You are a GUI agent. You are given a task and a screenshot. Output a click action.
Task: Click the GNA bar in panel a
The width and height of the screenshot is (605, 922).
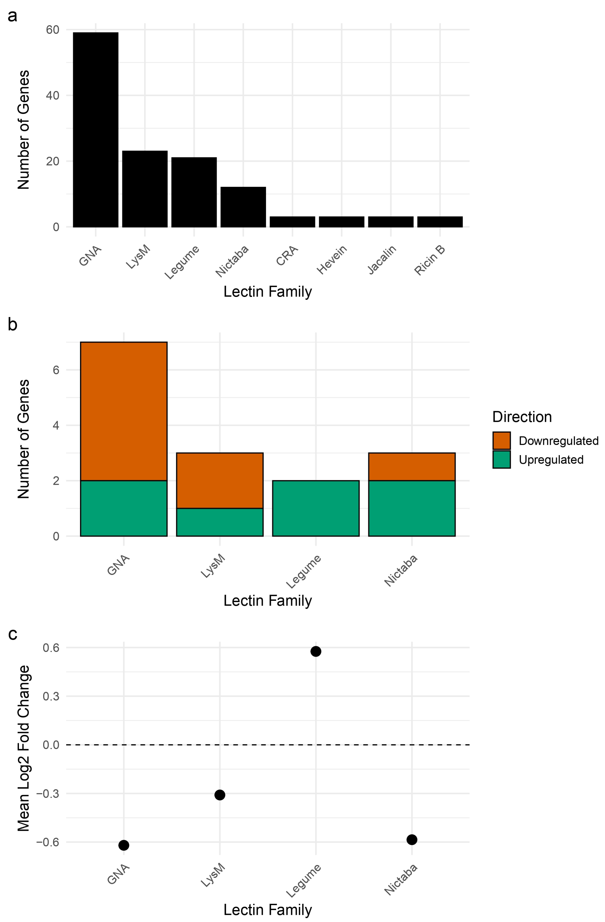[96, 130]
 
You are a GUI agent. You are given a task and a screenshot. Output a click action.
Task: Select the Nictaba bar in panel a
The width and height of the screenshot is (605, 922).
[243, 207]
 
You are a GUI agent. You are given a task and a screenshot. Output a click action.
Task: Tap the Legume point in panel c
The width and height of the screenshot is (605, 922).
[316, 652]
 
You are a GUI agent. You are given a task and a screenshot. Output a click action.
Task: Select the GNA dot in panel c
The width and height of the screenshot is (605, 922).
[124, 845]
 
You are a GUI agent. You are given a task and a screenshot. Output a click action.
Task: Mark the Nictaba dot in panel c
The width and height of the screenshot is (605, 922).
[412, 839]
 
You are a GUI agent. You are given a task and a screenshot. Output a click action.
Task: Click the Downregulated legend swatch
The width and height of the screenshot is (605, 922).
[501, 441]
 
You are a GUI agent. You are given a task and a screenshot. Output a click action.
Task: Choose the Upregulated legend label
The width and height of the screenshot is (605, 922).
[551, 460]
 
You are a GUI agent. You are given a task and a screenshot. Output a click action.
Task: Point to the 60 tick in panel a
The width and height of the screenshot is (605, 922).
[53, 30]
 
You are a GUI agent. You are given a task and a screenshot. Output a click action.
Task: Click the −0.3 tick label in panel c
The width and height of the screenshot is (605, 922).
[48, 793]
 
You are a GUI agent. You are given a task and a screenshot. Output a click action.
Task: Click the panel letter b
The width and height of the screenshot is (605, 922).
[13, 325]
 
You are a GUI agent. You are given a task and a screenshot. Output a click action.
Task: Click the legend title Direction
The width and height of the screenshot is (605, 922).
[522, 417]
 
